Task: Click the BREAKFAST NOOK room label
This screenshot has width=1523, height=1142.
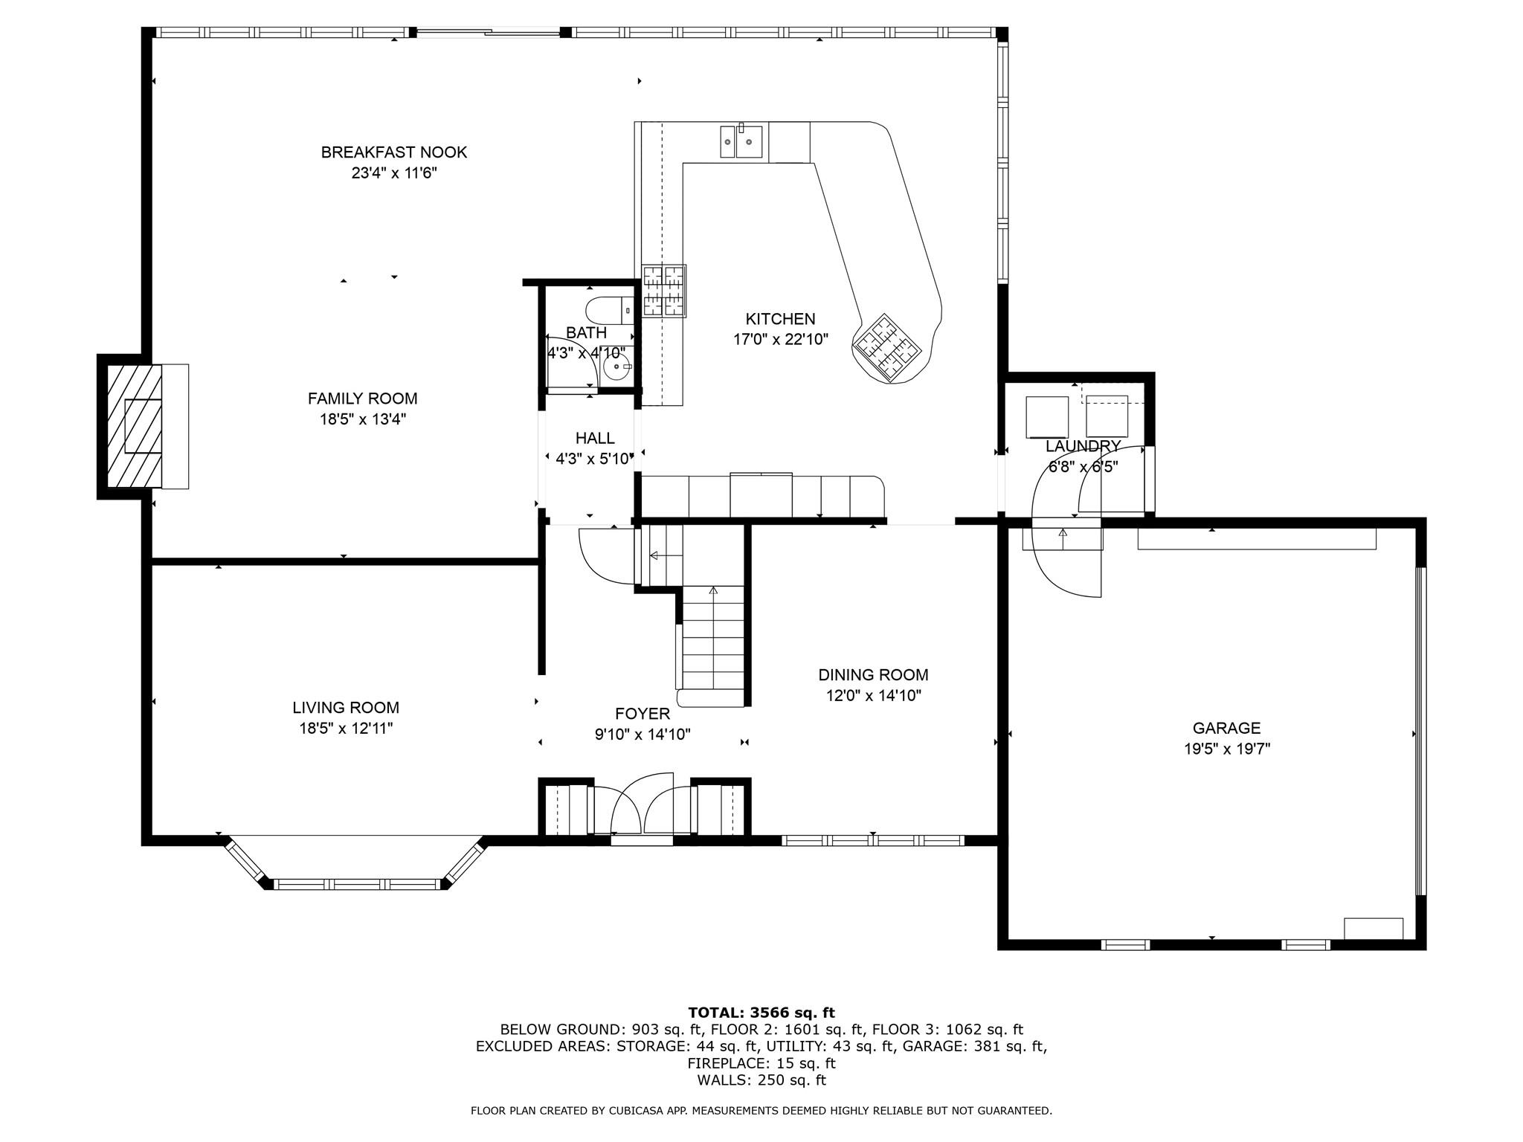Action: click(394, 152)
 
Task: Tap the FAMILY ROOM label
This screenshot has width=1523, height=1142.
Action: click(363, 399)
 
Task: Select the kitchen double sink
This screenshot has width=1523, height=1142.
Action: click(741, 141)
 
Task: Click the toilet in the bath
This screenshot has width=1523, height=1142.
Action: click(609, 309)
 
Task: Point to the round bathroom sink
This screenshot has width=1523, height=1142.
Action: click(616, 367)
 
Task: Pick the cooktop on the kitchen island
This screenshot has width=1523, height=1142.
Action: click(887, 347)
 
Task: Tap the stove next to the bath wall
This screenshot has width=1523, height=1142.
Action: click(663, 291)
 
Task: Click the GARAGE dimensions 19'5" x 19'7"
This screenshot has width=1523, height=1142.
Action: click(1227, 749)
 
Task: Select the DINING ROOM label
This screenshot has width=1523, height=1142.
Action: click(873, 675)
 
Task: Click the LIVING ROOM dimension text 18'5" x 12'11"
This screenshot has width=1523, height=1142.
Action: click(346, 728)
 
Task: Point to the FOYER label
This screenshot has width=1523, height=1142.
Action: click(643, 714)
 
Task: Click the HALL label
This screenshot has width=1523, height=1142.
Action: click(595, 438)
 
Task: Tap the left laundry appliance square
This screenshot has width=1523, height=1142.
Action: click(1047, 417)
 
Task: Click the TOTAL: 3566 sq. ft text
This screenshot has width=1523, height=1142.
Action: click(761, 1013)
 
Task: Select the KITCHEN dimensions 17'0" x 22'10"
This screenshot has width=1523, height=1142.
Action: click(781, 340)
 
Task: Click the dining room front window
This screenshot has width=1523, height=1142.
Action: click(873, 841)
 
